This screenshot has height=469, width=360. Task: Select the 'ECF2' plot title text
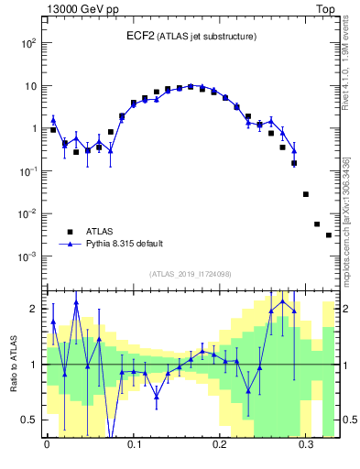coord(141,36)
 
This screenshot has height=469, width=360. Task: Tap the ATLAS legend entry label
coord(102,232)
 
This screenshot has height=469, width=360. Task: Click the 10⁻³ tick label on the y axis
coord(27,256)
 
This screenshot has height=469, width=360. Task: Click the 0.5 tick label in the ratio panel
coord(30,420)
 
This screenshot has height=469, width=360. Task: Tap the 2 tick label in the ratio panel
coord(35,309)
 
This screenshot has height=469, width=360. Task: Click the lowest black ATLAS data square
coord(329,235)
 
